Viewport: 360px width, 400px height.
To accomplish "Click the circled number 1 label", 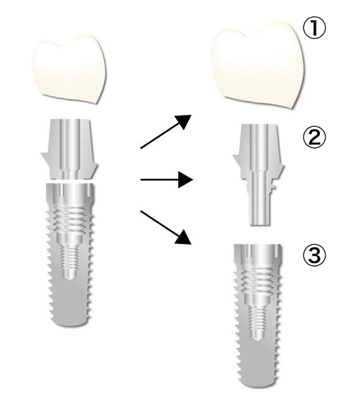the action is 314,29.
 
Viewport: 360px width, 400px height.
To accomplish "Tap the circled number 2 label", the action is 314,138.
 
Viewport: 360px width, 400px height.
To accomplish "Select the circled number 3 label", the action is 314,255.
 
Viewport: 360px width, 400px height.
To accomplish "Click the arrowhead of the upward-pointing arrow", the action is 183,121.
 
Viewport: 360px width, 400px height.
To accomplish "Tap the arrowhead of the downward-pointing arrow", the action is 183,237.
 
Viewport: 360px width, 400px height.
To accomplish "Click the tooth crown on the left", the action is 69,69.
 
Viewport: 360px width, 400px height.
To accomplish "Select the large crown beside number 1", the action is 258,65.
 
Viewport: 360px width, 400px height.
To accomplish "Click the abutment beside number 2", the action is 258,174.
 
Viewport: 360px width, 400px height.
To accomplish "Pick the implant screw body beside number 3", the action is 258,316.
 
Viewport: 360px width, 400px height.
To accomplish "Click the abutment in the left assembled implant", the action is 69,149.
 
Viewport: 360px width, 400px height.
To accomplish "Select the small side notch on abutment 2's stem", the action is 274,187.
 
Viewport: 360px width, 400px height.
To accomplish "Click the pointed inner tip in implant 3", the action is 258,339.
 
